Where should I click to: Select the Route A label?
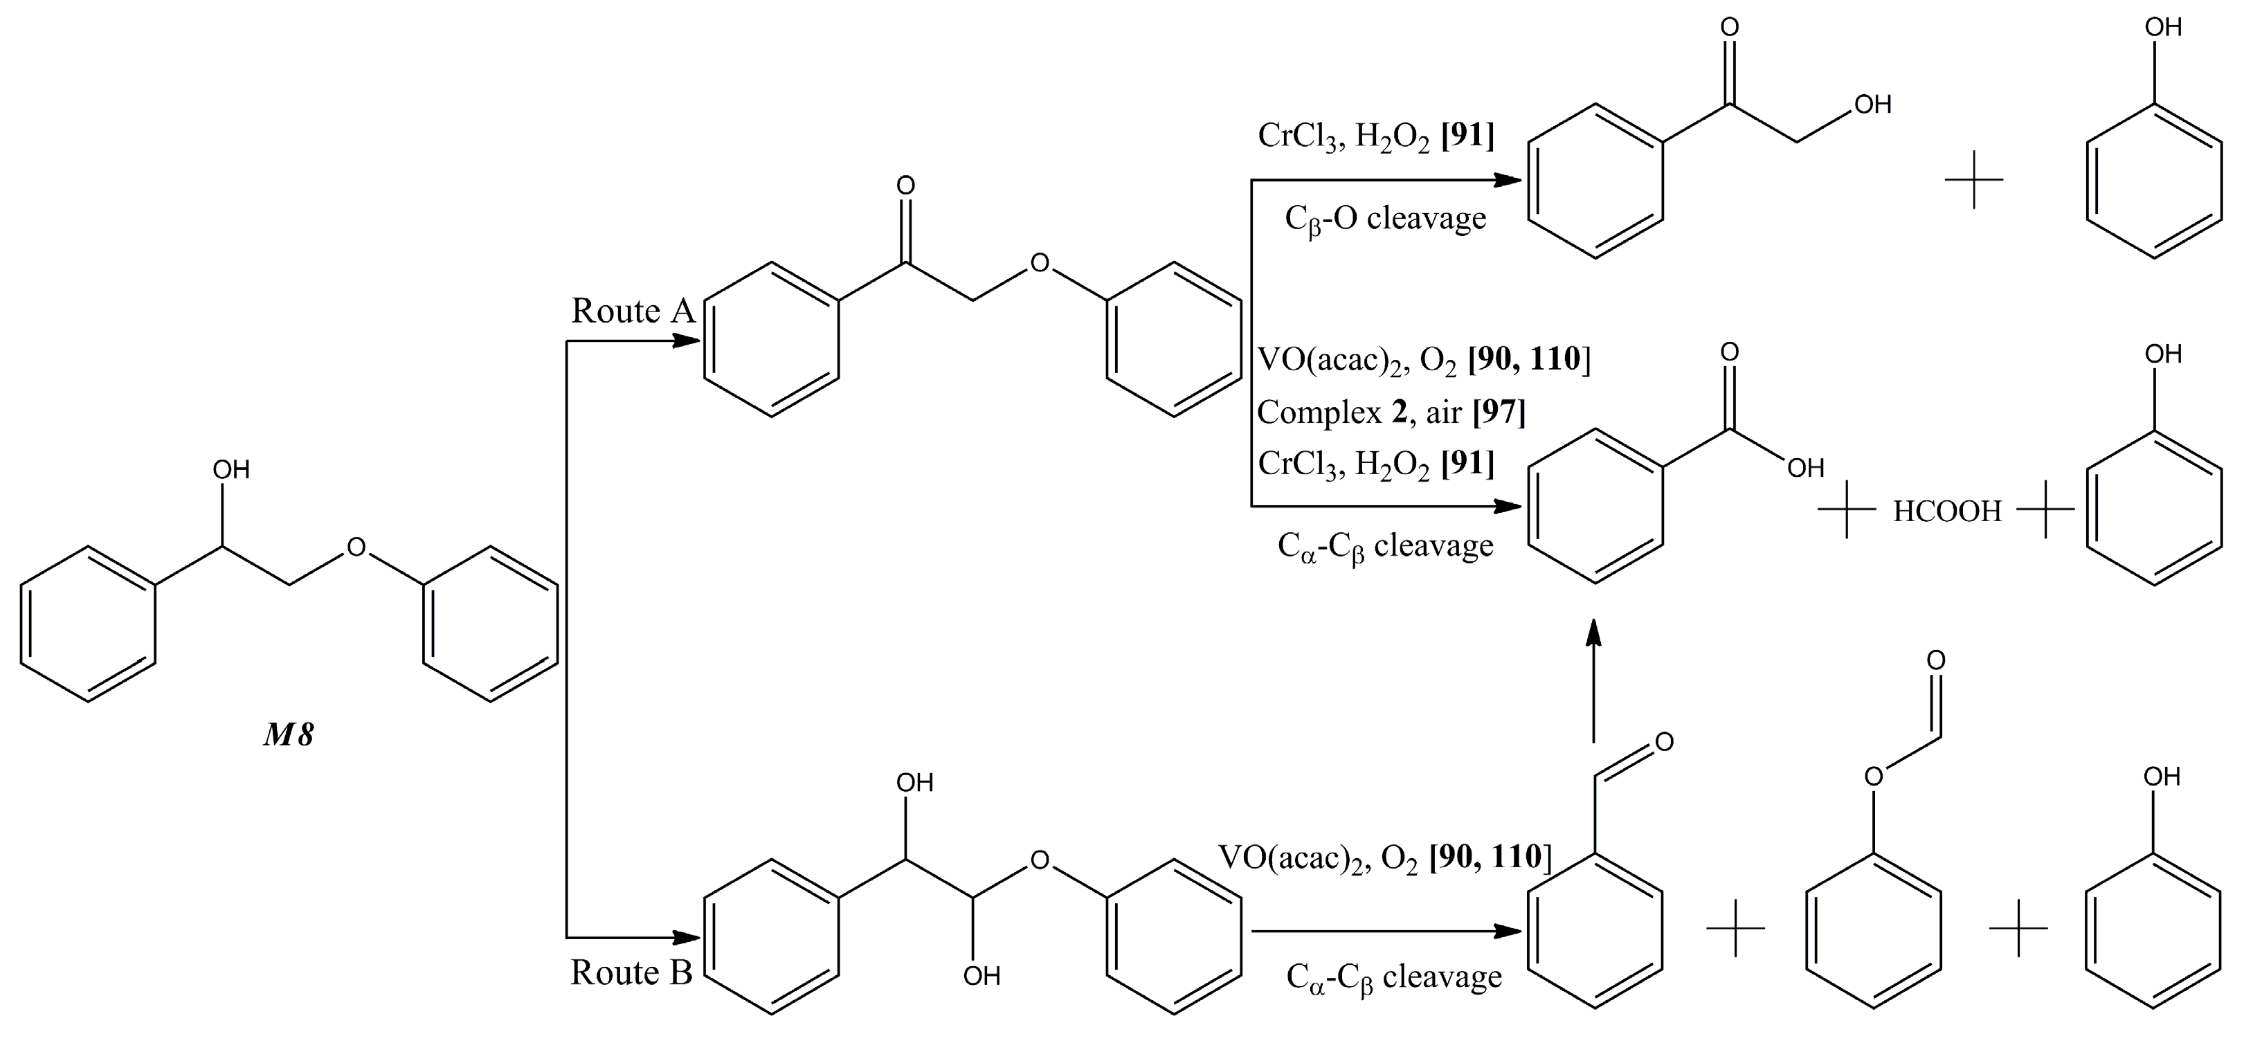[632, 311]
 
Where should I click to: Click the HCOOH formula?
[1947, 511]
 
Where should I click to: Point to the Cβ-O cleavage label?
[1385, 219]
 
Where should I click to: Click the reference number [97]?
[1499, 411]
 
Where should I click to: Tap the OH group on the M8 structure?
[231, 471]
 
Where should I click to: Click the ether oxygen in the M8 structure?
[356, 547]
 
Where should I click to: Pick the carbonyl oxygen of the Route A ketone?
[905, 185]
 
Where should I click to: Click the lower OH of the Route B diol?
[981, 975]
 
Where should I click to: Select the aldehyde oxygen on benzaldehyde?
[1664, 743]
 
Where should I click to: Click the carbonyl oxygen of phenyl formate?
[1935, 660]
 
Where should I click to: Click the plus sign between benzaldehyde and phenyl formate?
[1735, 927]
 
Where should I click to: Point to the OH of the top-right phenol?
[2163, 27]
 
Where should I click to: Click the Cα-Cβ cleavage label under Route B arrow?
[1393, 977]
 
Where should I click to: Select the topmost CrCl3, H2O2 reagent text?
[1375, 136]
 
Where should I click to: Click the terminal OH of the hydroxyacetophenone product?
[1871, 105]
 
